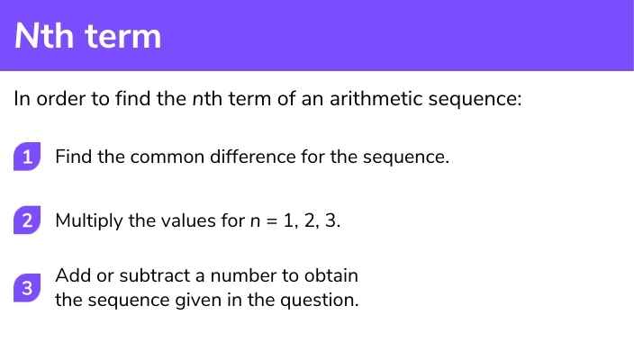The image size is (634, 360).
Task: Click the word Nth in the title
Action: (44, 36)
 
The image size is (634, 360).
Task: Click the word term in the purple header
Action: (123, 37)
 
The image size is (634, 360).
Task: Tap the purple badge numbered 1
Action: (27, 157)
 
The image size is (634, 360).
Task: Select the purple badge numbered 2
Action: (27, 220)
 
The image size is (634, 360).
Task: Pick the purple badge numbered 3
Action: (27, 288)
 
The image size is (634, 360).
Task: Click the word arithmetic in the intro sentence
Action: (376, 99)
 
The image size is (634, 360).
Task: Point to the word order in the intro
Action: (61, 99)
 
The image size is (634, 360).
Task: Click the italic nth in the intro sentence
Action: (207, 99)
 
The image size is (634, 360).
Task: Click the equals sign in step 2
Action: (272, 221)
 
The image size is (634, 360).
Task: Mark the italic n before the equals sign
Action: (255, 221)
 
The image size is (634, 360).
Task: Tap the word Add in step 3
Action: (73, 275)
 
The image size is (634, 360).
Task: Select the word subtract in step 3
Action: (154, 275)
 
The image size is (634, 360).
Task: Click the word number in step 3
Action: (243, 275)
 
